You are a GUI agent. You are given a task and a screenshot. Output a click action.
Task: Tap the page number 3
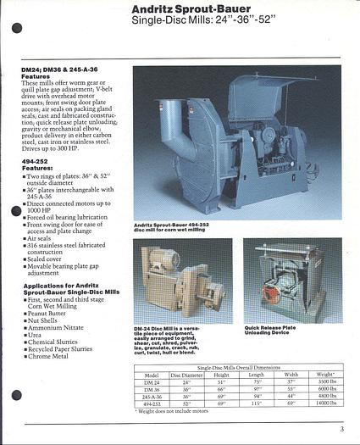click(341, 428)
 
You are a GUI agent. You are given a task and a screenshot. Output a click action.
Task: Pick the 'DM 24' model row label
click(152, 383)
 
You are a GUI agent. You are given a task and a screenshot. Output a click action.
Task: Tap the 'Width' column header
click(291, 374)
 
